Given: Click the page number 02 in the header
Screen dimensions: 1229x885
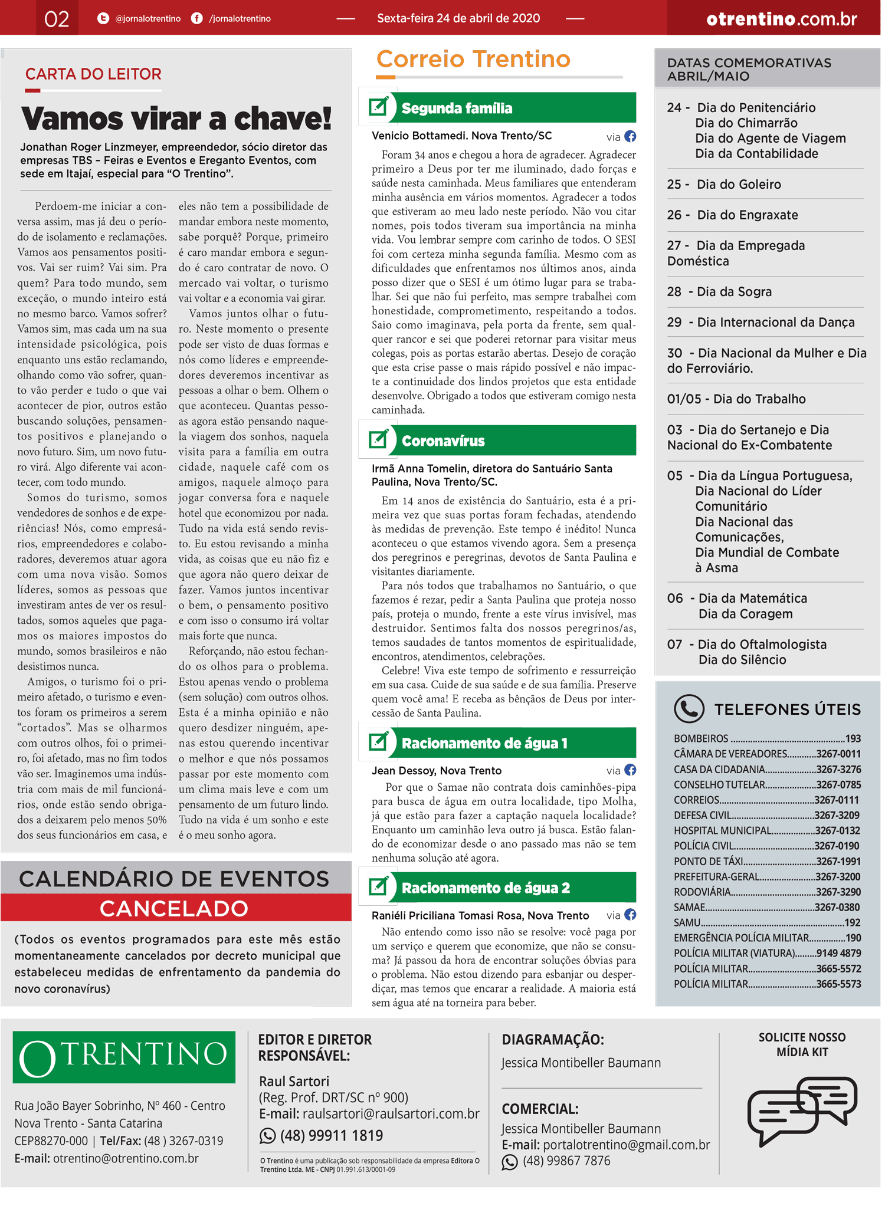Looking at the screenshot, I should [x=57, y=19].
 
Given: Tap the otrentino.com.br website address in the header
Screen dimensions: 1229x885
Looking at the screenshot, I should [x=781, y=19].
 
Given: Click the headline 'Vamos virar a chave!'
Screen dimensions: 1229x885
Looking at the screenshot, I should [x=176, y=119].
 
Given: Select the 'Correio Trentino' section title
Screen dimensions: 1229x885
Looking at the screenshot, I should [x=473, y=59].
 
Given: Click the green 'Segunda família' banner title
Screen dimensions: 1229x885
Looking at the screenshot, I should [x=457, y=109].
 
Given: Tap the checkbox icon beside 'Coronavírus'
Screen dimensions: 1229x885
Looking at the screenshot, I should [x=378, y=440].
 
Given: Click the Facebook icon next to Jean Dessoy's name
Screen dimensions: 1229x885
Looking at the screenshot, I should [x=630, y=770].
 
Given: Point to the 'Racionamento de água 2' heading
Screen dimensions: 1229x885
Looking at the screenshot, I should [x=486, y=888].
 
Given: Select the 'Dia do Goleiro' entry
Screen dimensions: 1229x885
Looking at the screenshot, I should [x=739, y=185].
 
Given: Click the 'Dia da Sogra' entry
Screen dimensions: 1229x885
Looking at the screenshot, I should [x=734, y=292].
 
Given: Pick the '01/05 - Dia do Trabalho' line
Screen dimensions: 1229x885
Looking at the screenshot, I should [x=736, y=399].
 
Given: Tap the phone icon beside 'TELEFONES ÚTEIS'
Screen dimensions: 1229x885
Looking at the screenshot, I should [x=689, y=708].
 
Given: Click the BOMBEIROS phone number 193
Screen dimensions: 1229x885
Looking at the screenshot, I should [x=853, y=738].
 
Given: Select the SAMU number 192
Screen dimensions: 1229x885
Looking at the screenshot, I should [x=853, y=922].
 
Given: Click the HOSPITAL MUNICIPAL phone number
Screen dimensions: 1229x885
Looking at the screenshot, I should [x=838, y=830].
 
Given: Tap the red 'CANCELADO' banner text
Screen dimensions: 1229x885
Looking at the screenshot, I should [x=174, y=909].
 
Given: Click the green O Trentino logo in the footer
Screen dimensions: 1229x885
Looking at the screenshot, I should [x=124, y=1057].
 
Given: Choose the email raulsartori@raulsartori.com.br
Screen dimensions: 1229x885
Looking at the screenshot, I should [x=391, y=1114].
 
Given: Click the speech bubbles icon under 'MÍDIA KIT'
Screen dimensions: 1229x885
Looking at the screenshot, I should [x=802, y=1109].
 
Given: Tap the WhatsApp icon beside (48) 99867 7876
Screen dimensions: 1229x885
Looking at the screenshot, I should [x=509, y=1162].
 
